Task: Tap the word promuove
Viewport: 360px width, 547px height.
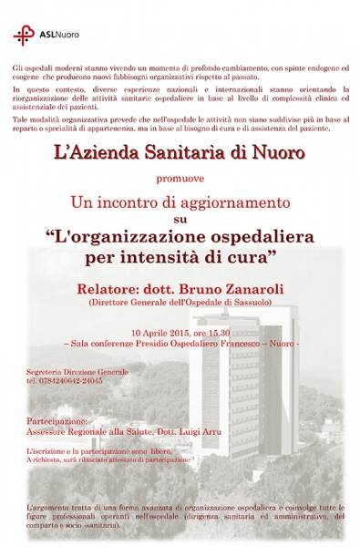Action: (180, 180)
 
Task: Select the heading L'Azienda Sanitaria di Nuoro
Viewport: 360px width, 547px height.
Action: (180, 158)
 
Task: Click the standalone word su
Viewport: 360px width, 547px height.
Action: (180, 219)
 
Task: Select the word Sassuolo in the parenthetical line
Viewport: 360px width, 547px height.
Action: (249, 302)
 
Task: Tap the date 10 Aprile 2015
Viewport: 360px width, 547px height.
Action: (159, 332)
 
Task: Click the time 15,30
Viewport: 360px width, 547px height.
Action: (219, 332)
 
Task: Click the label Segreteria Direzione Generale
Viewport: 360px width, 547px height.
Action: (77, 372)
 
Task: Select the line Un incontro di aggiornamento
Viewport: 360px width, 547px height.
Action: (180, 200)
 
